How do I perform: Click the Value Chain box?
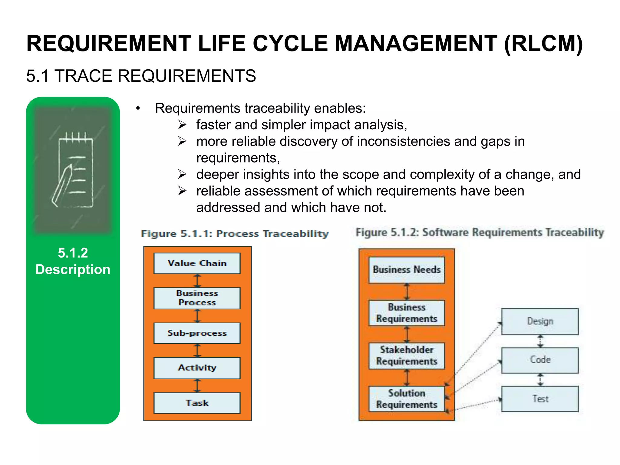(197, 263)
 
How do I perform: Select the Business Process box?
(197, 298)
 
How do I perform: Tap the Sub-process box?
(197, 333)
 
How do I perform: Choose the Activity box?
(197, 368)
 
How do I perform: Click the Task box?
(197, 403)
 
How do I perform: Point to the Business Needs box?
(407, 270)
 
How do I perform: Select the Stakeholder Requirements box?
(407, 356)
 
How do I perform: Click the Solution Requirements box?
(407, 399)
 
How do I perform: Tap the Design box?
(540, 321)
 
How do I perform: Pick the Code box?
(540, 360)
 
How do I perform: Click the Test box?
(540, 399)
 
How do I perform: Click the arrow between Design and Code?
(540, 341)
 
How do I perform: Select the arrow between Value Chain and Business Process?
(197, 281)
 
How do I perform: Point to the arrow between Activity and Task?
(197, 386)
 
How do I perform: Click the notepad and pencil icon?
(73, 170)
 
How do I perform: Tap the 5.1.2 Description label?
(73, 261)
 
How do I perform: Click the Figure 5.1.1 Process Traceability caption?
(235, 234)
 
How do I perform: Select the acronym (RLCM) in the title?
(543, 44)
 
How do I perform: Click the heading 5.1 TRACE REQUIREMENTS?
(141, 76)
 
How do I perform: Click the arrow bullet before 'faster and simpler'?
(182, 125)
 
